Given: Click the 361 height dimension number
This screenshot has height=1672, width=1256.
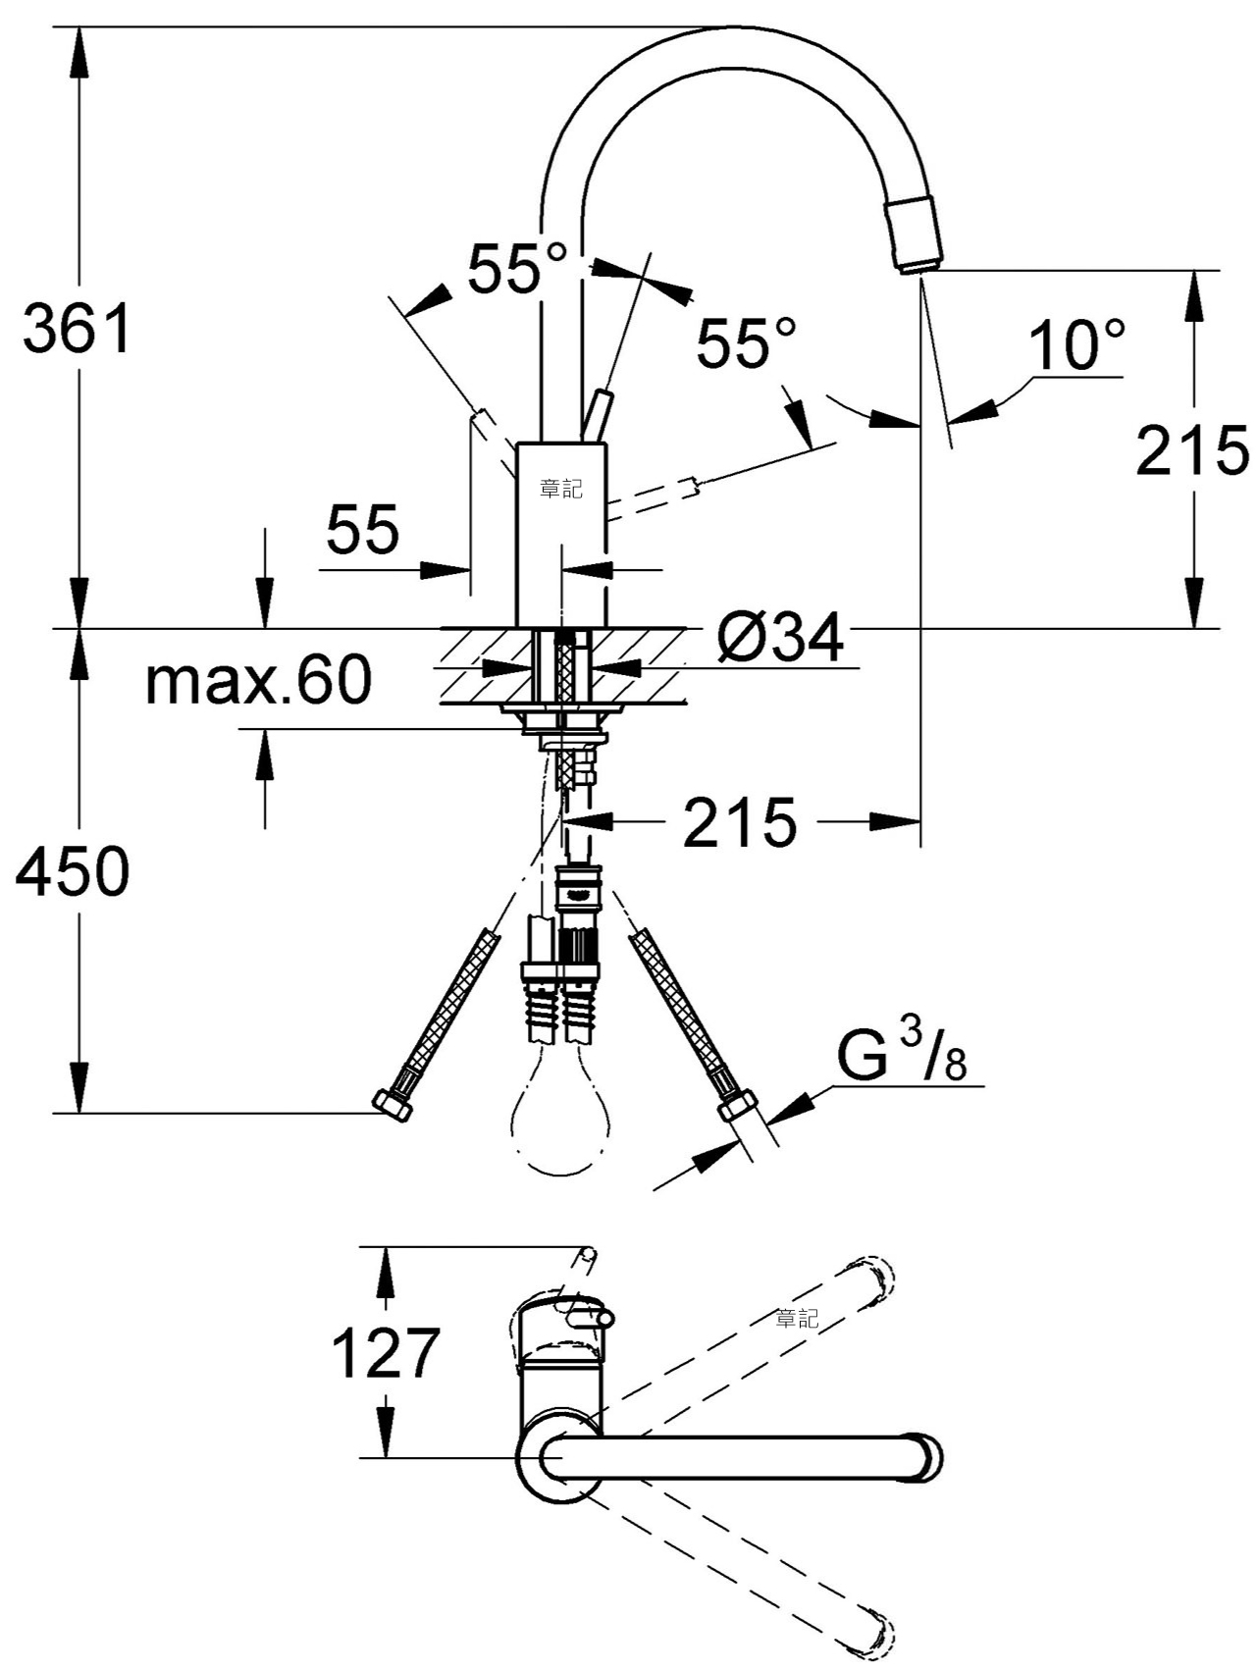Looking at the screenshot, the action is pos(77,329).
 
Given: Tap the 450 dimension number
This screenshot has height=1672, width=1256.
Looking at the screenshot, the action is pos(73,869).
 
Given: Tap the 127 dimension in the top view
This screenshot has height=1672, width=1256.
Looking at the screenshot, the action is pos(385,1353).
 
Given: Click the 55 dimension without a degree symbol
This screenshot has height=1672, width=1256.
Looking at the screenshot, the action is pos(363,529).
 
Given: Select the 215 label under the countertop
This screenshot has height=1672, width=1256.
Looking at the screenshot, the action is pos(740,822).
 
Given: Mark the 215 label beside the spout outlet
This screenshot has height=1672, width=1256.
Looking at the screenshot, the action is pos(1192,450).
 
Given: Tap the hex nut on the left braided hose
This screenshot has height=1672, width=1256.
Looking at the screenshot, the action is pos(394,1106).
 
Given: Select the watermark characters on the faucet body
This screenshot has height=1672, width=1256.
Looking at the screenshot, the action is pos(561,488).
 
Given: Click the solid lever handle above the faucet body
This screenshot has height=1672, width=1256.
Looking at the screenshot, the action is pos(597,417).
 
